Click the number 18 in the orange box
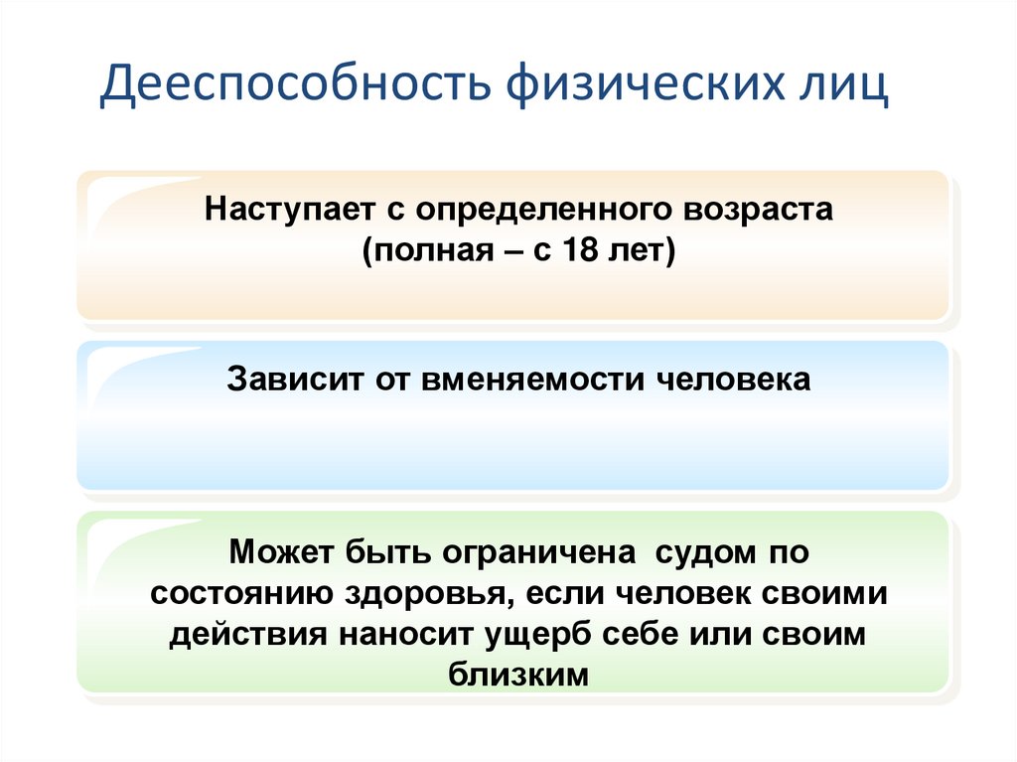[585, 251]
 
